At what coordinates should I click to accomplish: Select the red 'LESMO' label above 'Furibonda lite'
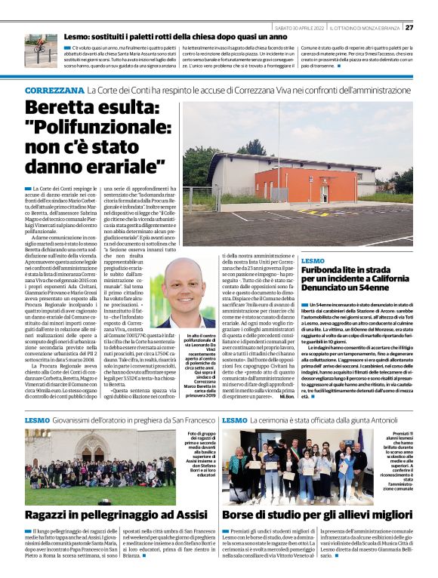(x=313, y=259)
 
